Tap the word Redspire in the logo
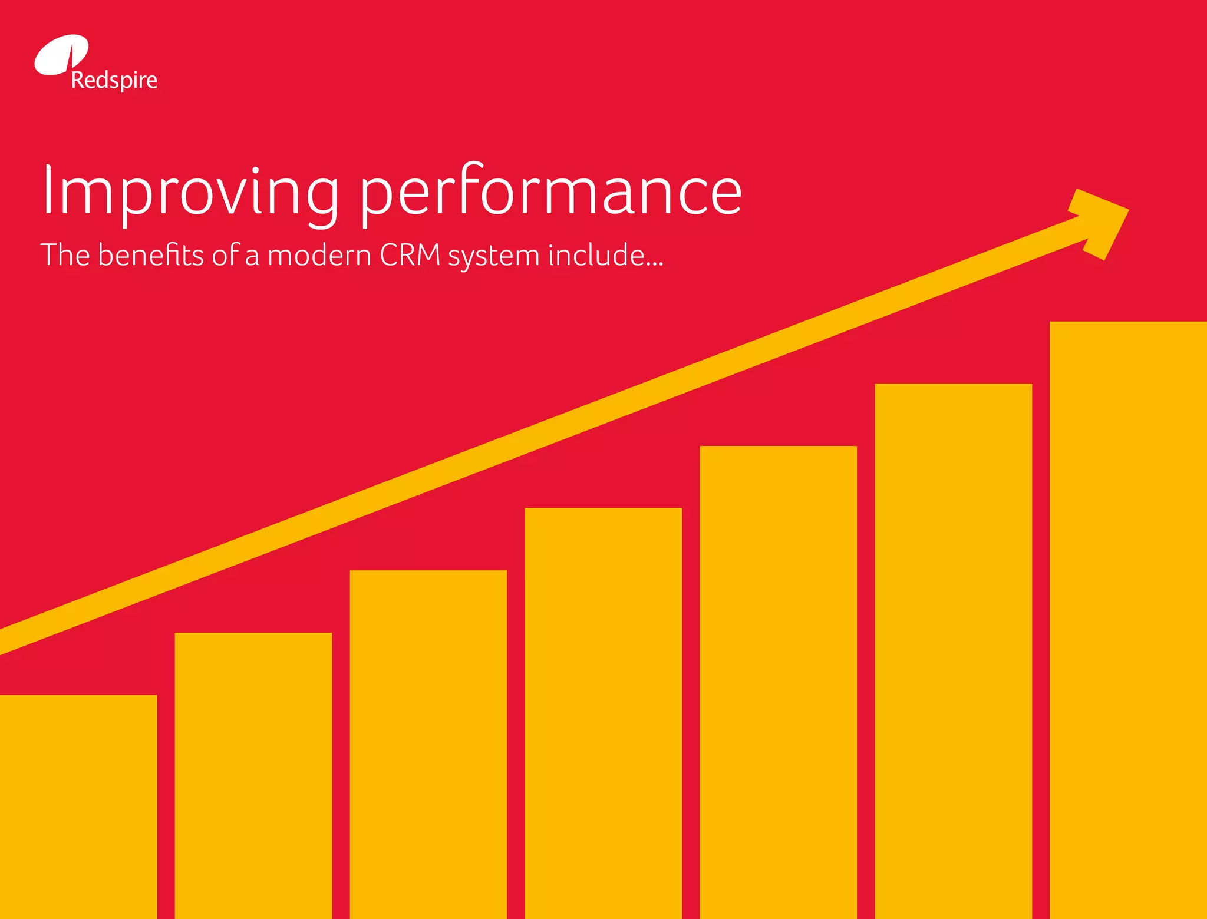pyautogui.click(x=114, y=80)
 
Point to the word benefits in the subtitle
pyautogui.click(x=151, y=255)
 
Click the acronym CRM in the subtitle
pyautogui.click(x=410, y=254)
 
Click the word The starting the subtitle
pyautogui.click(x=65, y=254)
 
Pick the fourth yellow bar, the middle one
pyautogui.click(x=603, y=713)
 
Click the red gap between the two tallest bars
pyautogui.click(x=1041, y=648)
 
